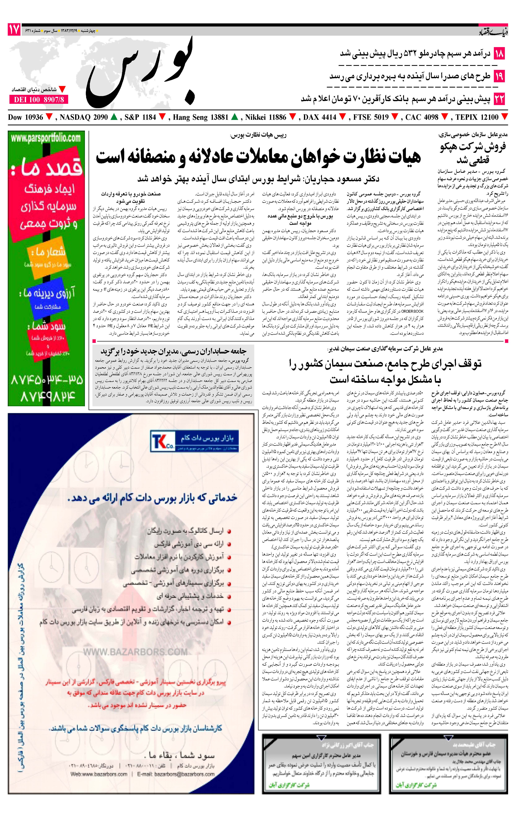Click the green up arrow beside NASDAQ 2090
(x=114, y=117)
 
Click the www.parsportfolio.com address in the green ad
(x=46, y=138)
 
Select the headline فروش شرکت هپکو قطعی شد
(x=473, y=153)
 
